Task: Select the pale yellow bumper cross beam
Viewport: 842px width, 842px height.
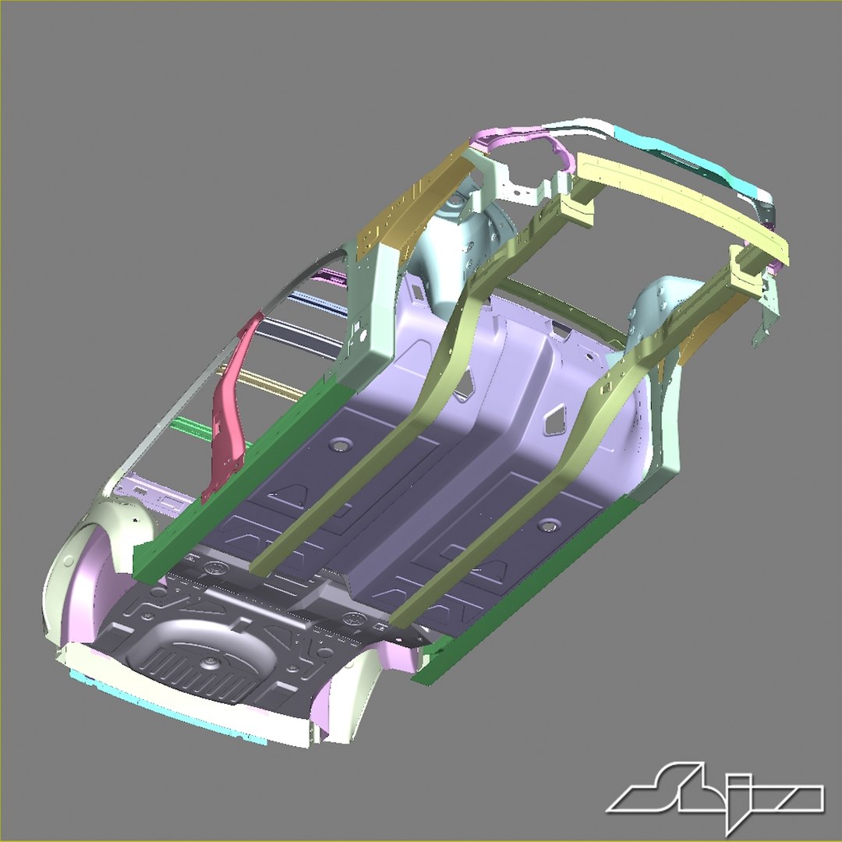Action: [x=678, y=203]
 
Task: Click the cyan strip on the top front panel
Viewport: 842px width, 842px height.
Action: [x=686, y=160]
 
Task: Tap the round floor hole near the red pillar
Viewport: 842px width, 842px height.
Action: [x=340, y=446]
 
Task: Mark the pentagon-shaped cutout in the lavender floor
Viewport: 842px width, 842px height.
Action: [x=555, y=420]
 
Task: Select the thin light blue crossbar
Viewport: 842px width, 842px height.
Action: [x=316, y=301]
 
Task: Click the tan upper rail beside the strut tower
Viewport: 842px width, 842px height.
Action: [x=398, y=207]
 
